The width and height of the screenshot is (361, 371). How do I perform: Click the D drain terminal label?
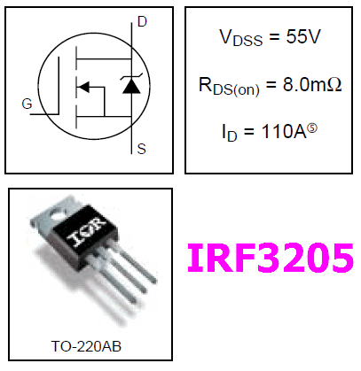142,22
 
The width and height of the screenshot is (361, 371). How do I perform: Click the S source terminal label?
142,149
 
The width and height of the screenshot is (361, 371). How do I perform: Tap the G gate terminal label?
27,104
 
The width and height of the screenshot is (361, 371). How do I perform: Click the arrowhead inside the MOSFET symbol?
83,87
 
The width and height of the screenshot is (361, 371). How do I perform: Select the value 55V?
303,37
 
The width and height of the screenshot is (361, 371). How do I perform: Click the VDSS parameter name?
240,38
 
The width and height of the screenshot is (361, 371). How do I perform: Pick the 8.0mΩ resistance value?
312,84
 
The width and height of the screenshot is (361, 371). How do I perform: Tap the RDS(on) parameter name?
229,87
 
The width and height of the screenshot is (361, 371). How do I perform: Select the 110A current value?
284,131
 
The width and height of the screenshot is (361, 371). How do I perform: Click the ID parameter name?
230,133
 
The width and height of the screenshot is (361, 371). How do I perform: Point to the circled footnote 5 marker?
312,128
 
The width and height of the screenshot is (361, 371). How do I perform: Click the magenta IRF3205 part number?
271,258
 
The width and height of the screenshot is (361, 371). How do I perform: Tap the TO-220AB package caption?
86,346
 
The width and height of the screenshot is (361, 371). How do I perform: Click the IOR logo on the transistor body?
86,232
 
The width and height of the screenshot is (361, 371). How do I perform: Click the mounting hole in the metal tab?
58,214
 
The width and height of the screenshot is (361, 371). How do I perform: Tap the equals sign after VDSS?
274,37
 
